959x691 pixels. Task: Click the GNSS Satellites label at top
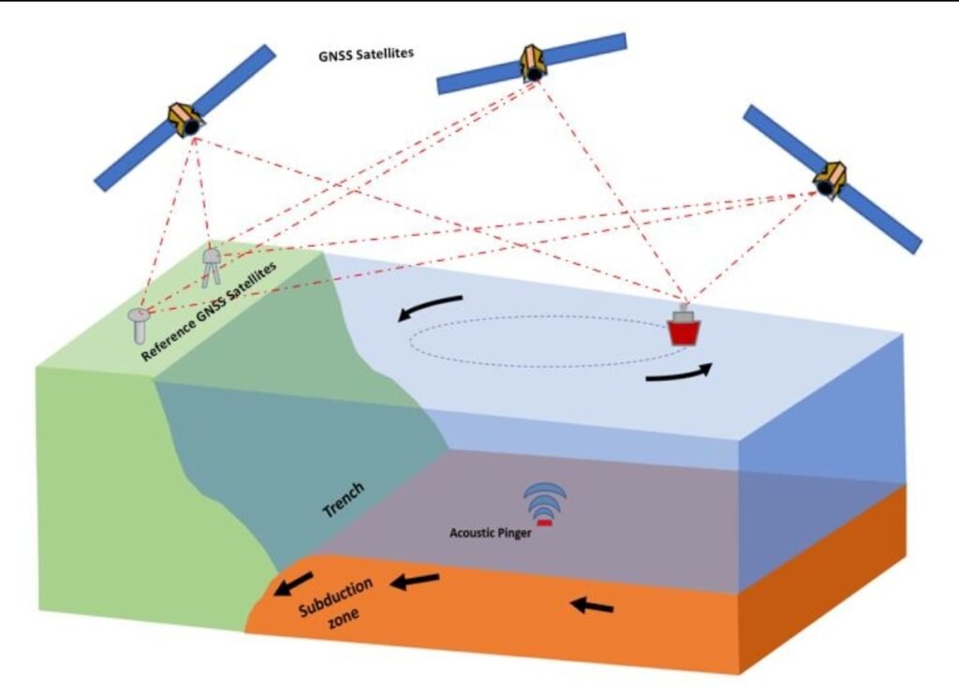point(366,53)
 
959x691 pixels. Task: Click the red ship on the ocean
point(684,329)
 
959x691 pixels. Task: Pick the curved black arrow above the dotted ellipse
point(430,306)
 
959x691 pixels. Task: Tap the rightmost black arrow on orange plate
point(593,606)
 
